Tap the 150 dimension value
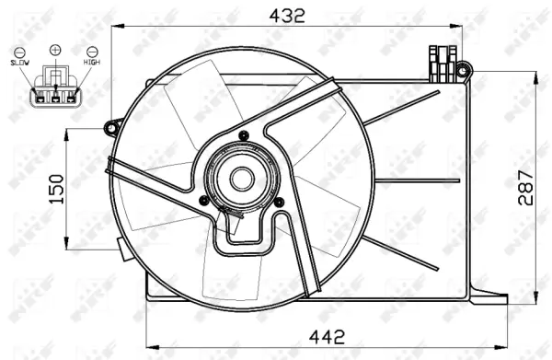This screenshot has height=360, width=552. [55, 188]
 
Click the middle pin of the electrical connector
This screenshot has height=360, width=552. [55, 93]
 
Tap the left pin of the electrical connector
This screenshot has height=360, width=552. [40, 93]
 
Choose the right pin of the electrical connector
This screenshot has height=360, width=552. [70, 93]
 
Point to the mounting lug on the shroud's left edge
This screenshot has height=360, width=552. [113, 123]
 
